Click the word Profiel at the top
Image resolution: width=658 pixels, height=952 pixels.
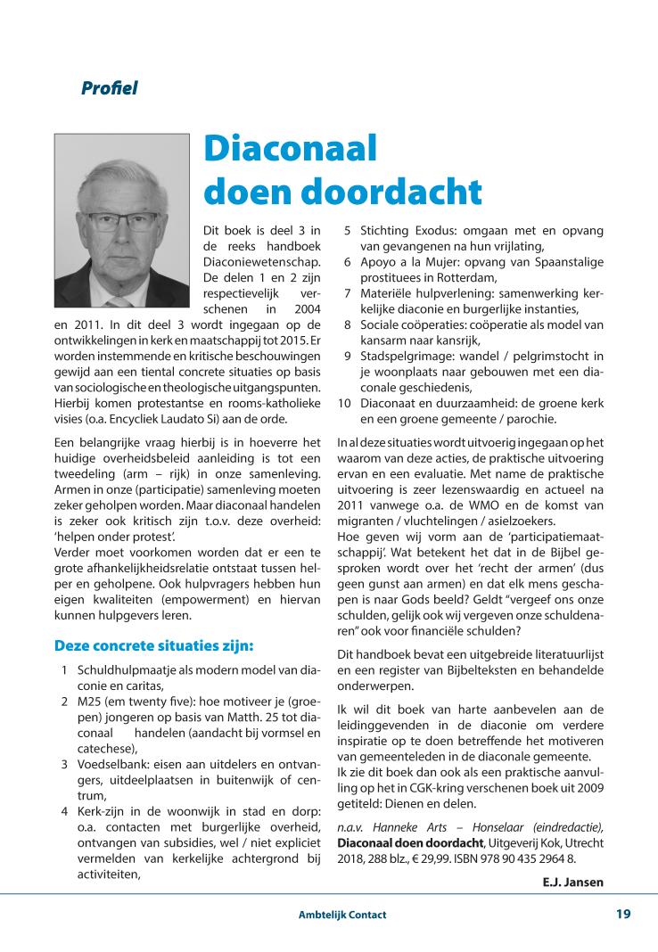coord(109,88)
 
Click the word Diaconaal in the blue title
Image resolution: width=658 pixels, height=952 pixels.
coord(291,149)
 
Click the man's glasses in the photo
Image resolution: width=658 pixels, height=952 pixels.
coord(122,220)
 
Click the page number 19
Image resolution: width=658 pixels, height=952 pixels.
coord(623,914)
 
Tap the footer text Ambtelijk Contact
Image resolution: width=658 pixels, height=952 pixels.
coord(342,915)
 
